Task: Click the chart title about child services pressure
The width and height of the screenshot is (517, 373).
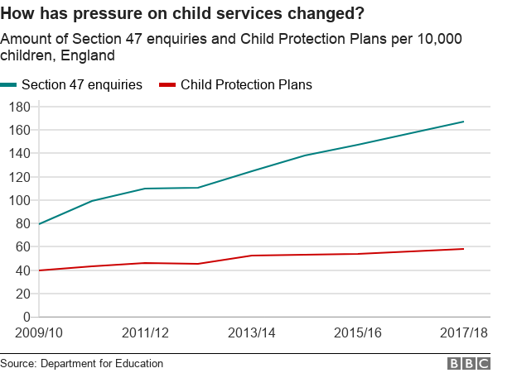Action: pyautogui.click(x=186, y=14)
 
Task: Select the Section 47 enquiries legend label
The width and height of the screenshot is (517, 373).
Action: pyautogui.click(x=81, y=84)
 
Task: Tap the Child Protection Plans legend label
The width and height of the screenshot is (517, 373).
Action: pyautogui.click(x=246, y=84)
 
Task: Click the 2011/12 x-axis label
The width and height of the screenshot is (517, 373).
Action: pyautogui.click(x=146, y=332)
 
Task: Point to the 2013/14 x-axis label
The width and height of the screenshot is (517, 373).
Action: pyautogui.click(x=252, y=332)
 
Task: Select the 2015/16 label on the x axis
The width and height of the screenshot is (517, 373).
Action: pyautogui.click(x=357, y=332)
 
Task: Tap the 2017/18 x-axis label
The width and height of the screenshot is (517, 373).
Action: pyautogui.click(x=462, y=332)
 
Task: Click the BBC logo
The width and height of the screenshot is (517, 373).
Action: pyautogui.click(x=470, y=363)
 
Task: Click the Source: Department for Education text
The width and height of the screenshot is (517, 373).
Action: pyautogui.click(x=82, y=363)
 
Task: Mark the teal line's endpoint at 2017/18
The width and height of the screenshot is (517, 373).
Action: pyautogui.click(x=463, y=122)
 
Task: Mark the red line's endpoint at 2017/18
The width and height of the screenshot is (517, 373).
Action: pyautogui.click(x=463, y=249)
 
